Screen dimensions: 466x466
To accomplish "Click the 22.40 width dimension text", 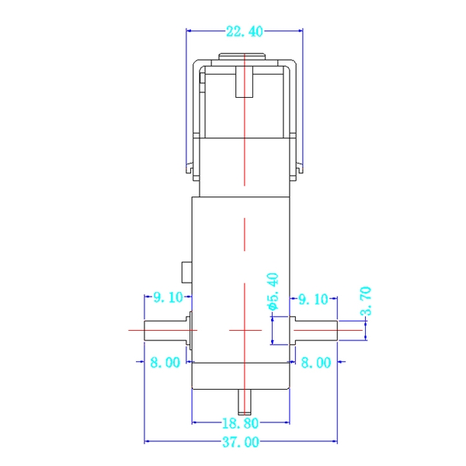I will [x=244, y=32].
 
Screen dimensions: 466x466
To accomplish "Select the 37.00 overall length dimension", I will [x=242, y=442].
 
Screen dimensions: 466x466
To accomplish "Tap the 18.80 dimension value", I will [x=242, y=423].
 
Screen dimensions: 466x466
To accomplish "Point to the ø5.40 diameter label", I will [x=273, y=292].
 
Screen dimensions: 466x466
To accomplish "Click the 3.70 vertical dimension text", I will [x=367, y=301].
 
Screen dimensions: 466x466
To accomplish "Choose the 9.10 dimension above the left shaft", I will [x=167, y=297].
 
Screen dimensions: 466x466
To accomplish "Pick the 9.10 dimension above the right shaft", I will [x=313, y=297].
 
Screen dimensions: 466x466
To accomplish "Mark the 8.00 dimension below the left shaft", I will [x=165, y=362].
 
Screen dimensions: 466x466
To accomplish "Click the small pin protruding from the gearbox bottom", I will [x=245, y=402].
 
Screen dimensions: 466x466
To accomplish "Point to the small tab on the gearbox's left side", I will [x=186, y=272].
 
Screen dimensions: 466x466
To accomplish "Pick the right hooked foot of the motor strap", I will [x=298, y=166].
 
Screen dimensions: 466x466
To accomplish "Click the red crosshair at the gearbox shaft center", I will [x=244, y=330].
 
